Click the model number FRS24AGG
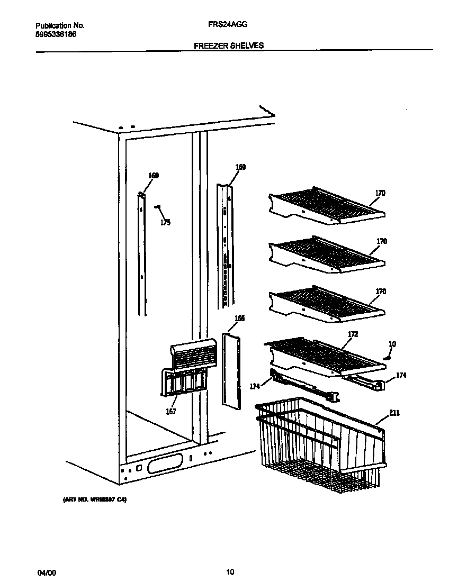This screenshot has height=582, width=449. click(x=228, y=25)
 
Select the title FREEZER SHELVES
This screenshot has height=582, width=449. click(x=228, y=46)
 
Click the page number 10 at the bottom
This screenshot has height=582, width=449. click(x=230, y=572)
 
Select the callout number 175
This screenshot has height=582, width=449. click(x=165, y=223)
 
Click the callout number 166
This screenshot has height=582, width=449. click(x=239, y=319)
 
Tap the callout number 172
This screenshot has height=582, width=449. click(x=353, y=334)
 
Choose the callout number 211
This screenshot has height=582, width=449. click(x=394, y=413)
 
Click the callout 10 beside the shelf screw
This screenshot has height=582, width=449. click(x=392, y=344)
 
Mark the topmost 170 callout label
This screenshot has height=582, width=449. click(x=381, y=193)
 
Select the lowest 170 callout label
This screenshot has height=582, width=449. click(x=381, y=292)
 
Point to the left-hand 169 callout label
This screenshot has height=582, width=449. click(x=153, y=176)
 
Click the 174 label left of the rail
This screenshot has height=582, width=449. click(x=255, y=387)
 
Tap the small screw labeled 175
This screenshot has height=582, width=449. click(x=157, y=207)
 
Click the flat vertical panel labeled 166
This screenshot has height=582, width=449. click(x=231, y=370)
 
